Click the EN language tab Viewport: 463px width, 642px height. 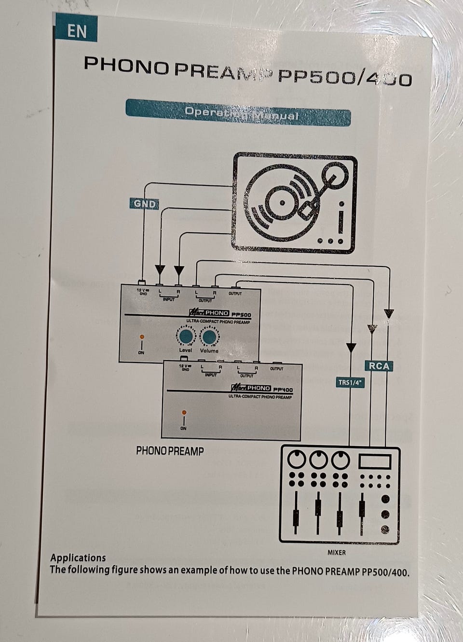(x=76, y=31)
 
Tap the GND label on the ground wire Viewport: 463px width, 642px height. (x=145, y=204)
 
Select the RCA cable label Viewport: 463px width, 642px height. (x=379, y=366)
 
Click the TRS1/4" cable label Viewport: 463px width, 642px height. (x=351, y=382)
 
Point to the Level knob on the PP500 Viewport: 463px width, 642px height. (x=185, y=336)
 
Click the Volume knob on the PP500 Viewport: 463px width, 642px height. (x=209, y=336)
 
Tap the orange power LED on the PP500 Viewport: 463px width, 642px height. (x=141, y=336)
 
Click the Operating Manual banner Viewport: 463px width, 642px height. (x=238, y=114)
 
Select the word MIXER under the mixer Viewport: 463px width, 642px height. (x=337, y=552)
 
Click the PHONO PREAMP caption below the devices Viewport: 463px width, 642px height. (x=170, y=451)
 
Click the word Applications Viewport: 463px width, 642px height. (x=78, y=558)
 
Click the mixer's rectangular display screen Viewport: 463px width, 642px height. (x=375, y=461)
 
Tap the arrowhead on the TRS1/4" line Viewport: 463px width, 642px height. (x=351, y=347)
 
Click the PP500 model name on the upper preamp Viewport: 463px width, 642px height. (x=241, y=314)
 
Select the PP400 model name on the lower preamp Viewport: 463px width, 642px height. (x=283, y=389)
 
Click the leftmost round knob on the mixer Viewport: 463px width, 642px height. (x=297, y=459)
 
